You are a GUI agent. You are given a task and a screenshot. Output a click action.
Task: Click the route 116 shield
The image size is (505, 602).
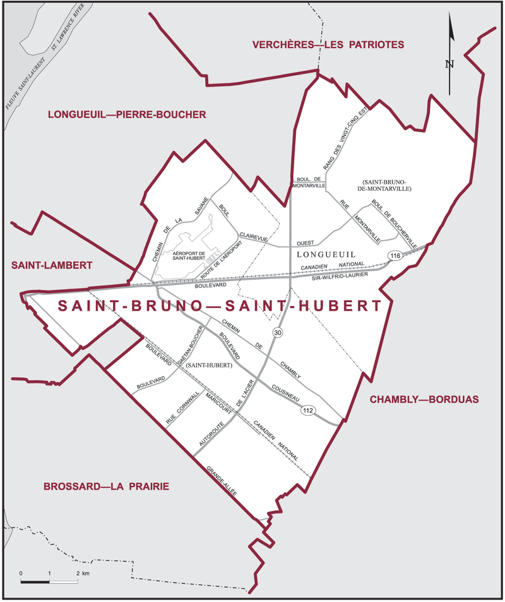395,256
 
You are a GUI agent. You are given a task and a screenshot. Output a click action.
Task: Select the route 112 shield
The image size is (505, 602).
307,410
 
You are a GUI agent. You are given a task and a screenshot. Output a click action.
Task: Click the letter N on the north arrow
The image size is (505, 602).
449,63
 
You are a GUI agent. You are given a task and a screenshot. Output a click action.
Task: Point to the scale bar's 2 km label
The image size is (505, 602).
82,572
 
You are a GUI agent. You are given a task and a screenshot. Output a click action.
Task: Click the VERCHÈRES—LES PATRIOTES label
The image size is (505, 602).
328,45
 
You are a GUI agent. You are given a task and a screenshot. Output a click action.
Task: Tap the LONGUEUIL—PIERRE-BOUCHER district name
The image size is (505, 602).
127,114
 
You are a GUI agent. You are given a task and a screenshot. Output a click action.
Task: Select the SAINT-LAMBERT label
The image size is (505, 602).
52,265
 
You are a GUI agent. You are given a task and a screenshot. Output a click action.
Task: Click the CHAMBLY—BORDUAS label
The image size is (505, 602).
425,399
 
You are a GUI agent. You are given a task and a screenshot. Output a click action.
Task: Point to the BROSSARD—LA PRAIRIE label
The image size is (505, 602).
107,486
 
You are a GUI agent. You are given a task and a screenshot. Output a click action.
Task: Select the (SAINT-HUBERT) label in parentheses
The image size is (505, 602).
209,364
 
